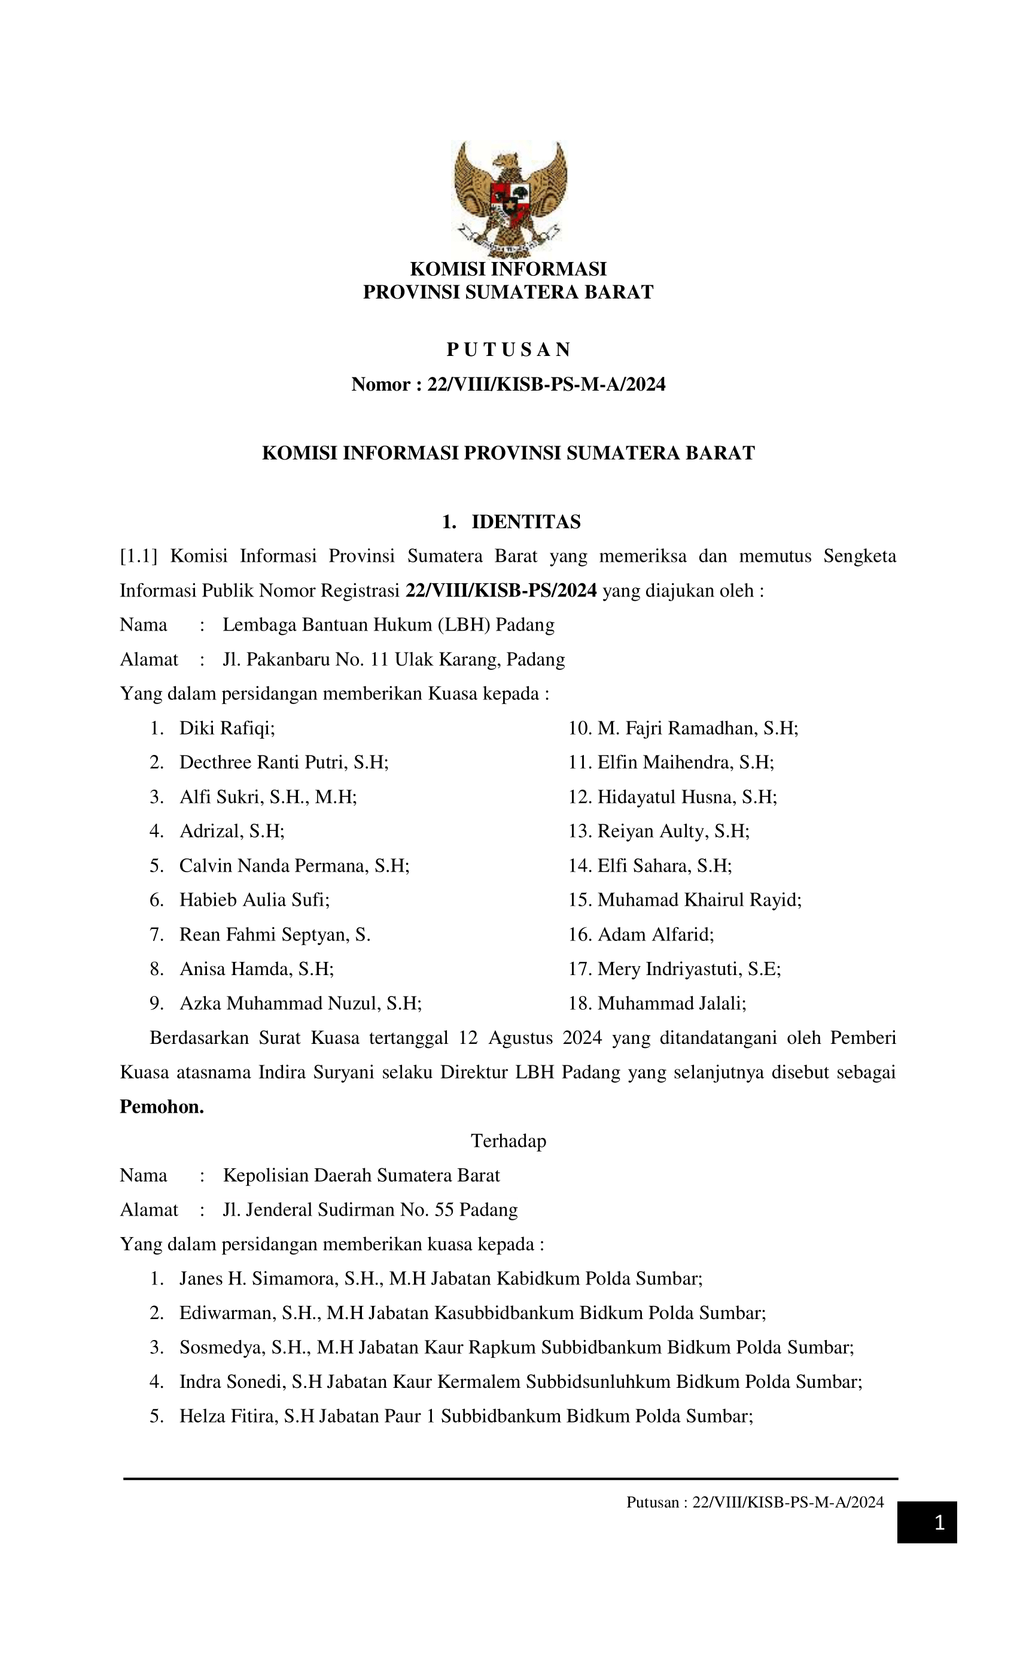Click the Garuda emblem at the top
509,197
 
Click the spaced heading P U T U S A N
508,349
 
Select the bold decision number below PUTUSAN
508,385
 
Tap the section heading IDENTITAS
525,522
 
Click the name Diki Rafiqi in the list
227,728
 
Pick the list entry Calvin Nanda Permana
294,866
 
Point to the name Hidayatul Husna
687,797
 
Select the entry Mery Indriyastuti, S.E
689,969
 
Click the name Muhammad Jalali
672,1003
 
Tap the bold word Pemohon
162,1107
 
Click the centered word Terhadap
508,1141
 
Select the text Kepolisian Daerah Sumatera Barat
361,1175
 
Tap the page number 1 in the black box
939,1522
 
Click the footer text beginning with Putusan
754,1502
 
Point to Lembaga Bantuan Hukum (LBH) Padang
388,625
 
